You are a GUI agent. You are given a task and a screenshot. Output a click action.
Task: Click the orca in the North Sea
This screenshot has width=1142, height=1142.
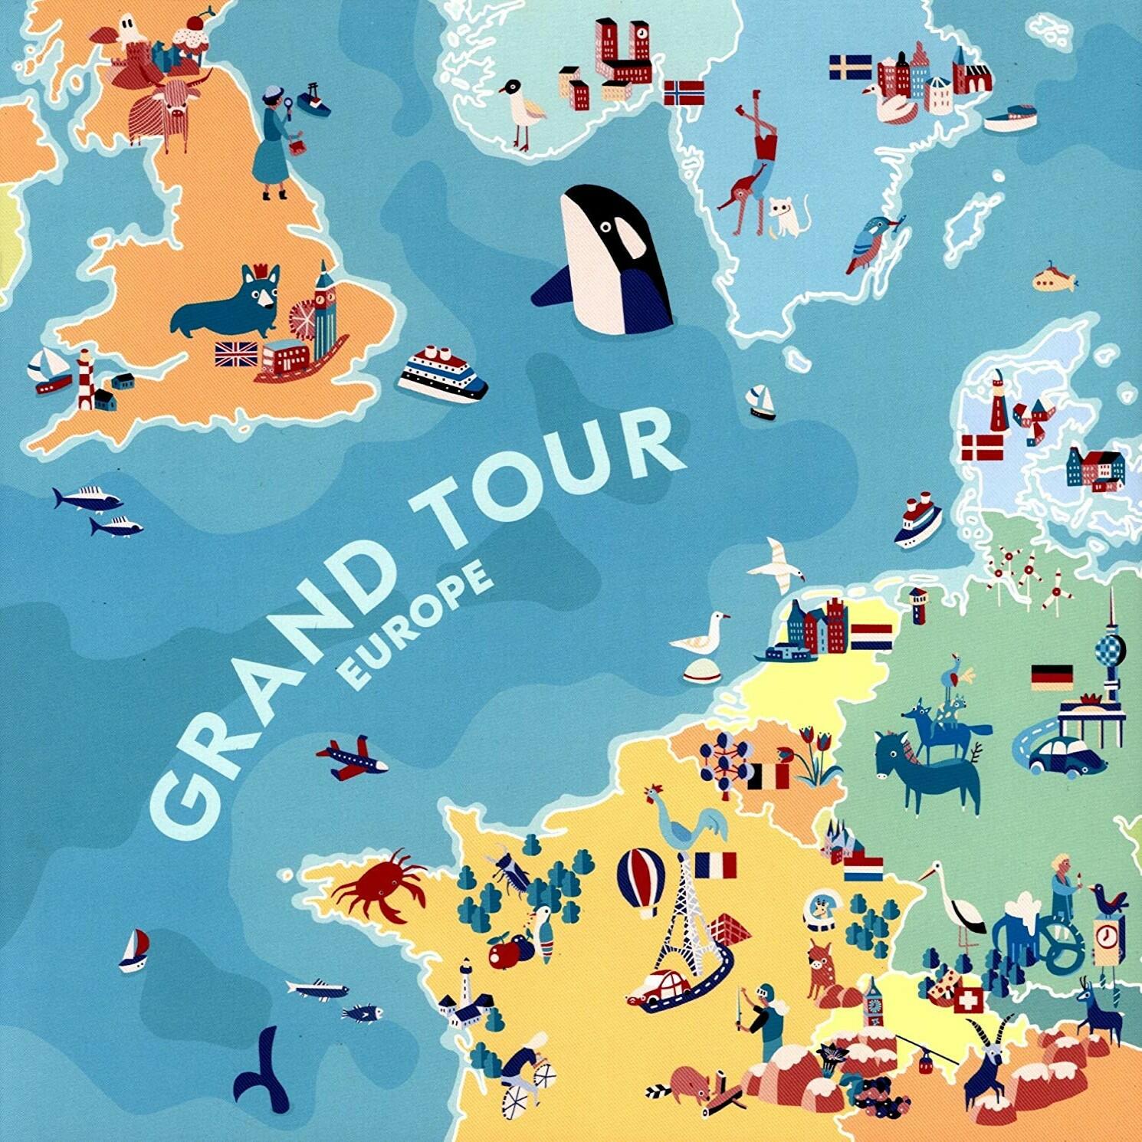click(609, 261)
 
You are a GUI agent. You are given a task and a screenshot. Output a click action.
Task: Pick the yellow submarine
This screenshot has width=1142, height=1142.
click(1054, 280)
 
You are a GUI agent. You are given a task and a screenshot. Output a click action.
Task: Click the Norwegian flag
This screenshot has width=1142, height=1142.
click(683, 92)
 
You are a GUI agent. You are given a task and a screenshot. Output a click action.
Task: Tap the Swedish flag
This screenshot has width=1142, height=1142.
click(850, 67)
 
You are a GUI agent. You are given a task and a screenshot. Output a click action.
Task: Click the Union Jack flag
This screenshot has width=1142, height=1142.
click(236, 354)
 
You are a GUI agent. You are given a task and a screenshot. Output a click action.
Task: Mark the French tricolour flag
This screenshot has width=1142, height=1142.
click(715, 865)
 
